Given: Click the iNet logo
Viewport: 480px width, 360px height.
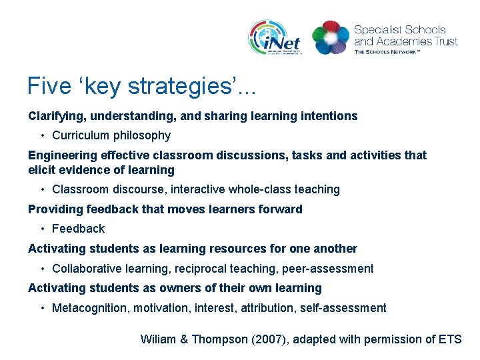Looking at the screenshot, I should pos(275,38).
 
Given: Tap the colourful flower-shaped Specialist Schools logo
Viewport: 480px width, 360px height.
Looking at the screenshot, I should pos(331,37).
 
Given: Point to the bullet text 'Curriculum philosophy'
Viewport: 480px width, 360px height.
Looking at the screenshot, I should pos(111,135).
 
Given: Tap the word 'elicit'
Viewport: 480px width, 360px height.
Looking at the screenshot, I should pos(41,169).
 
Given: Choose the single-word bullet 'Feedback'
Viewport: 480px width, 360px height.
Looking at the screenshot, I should pos(78,229).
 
